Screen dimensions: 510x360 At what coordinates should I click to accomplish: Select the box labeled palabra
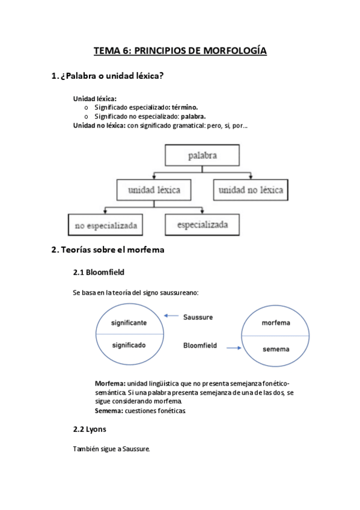(202, 156)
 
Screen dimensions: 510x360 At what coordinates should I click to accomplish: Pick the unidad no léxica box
(251, 191)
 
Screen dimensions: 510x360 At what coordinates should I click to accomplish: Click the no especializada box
(106, 226)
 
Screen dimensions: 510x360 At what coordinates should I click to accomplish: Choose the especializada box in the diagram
(202, 225)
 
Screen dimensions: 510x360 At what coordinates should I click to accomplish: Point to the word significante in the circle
(129, 323)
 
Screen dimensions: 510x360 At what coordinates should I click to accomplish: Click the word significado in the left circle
(129, 345)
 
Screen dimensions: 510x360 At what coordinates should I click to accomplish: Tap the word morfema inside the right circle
(276, 323)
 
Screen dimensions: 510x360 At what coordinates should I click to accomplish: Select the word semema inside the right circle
(276, 349)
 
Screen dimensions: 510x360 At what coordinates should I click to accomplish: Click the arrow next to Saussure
(172, 316)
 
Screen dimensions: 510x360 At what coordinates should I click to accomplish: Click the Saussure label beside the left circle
(198, 316)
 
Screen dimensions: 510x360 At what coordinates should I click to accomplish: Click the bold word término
(185, 107)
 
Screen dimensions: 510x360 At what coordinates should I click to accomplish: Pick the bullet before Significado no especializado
(87, 116)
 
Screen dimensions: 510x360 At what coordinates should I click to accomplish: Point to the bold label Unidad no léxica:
(99, 125)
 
